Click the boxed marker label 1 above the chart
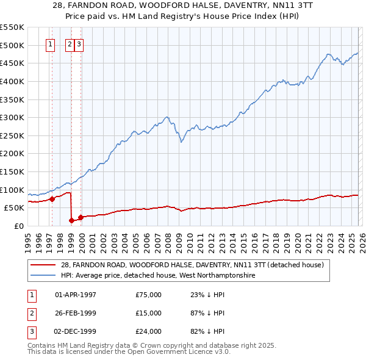click(50, 44)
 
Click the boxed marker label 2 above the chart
click(70, 44)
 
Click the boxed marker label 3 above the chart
click(80, 44)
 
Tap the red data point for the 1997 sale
click(52, 198)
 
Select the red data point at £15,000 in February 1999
click(72, 220)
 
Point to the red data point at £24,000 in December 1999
click(81, 217)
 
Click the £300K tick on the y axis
click(12, 117)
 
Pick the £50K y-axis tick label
click(14, 207)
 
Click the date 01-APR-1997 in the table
click(76, 295)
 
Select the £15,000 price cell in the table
click(149, 313)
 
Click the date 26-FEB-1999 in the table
click(76, 313)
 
